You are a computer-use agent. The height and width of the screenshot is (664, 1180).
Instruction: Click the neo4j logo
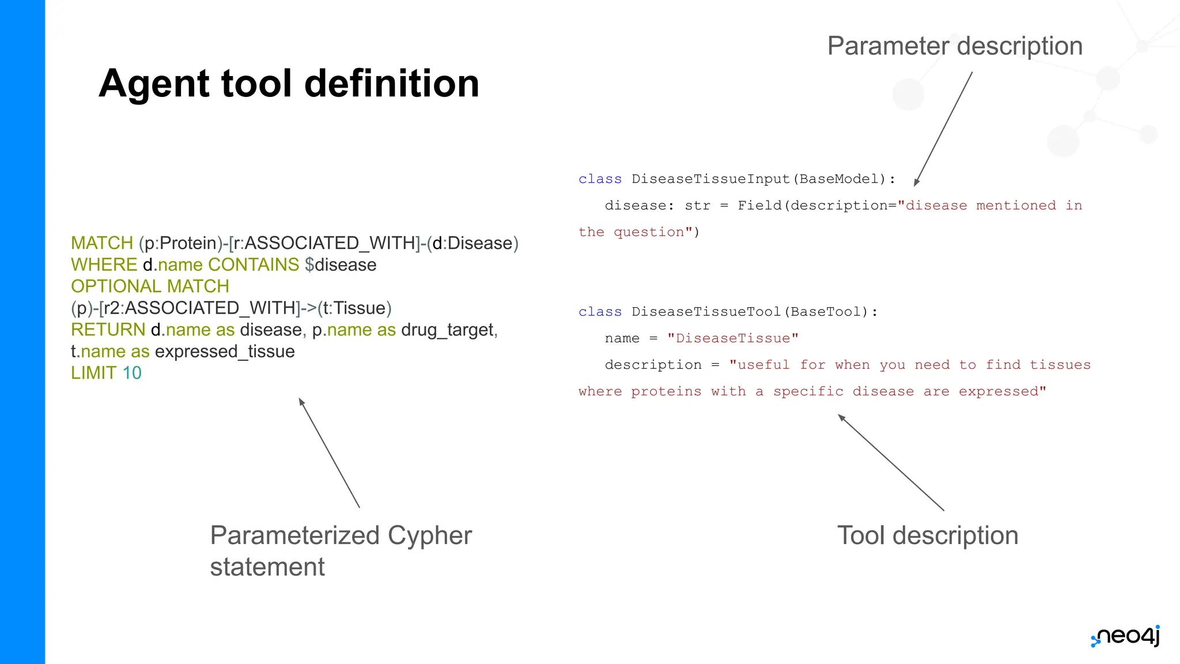tap(1126, 636)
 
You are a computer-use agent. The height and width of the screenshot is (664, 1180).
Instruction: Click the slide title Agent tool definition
tap(289, 84)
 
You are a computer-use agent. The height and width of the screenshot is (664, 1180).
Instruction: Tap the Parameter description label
tap(955, 46)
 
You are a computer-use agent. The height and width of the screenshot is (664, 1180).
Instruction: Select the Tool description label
tap(927, 535)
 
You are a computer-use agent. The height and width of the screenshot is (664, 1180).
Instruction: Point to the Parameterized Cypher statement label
tap(340, 550)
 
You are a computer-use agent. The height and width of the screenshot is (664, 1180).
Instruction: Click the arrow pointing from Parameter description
tap(944, 128)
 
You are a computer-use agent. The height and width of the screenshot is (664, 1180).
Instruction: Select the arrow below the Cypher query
tap(329, 452)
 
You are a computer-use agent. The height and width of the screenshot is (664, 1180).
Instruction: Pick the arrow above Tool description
tap(890, 462)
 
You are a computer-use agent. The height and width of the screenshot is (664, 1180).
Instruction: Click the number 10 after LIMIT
tap(132, 373)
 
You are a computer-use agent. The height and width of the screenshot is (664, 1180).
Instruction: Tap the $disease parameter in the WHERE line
tap(341, 265)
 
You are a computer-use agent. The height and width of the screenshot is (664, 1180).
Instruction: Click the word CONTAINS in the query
tap(254, 265)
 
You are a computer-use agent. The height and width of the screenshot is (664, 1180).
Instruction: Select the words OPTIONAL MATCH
tap(150, 286)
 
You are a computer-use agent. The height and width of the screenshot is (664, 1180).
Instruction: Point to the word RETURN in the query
tap(108, 330)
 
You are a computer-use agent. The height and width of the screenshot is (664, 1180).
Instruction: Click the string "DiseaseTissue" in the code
tap(732, 338)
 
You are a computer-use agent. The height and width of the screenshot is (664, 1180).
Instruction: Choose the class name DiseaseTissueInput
tap(710, 179)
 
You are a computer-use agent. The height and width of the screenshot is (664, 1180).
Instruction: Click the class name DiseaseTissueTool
tap(706, 312)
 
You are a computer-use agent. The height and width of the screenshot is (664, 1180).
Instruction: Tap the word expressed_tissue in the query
tap(225, 352)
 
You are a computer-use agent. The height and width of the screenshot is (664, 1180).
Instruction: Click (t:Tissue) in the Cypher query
tap(354, 308)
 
